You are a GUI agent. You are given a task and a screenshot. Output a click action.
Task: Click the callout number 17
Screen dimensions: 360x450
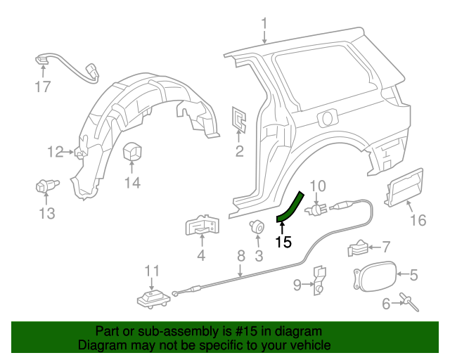[43, 87]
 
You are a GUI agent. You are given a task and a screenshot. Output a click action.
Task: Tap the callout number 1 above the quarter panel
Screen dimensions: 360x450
[264, 26]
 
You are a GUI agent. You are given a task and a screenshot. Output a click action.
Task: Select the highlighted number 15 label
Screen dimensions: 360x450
[283, 242]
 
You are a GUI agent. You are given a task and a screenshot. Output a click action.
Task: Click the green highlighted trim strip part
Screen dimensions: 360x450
[290, 207]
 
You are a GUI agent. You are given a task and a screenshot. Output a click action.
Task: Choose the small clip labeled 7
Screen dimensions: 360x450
[358, 247]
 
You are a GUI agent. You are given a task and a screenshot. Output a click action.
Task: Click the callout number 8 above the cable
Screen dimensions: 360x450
[240, 256]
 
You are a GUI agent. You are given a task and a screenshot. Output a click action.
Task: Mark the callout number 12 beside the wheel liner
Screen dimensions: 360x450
[56, 151]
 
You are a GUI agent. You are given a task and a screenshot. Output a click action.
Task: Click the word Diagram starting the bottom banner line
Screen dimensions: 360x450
[99, 345]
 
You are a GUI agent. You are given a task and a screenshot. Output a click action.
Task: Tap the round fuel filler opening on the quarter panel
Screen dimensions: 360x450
[327, 117]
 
